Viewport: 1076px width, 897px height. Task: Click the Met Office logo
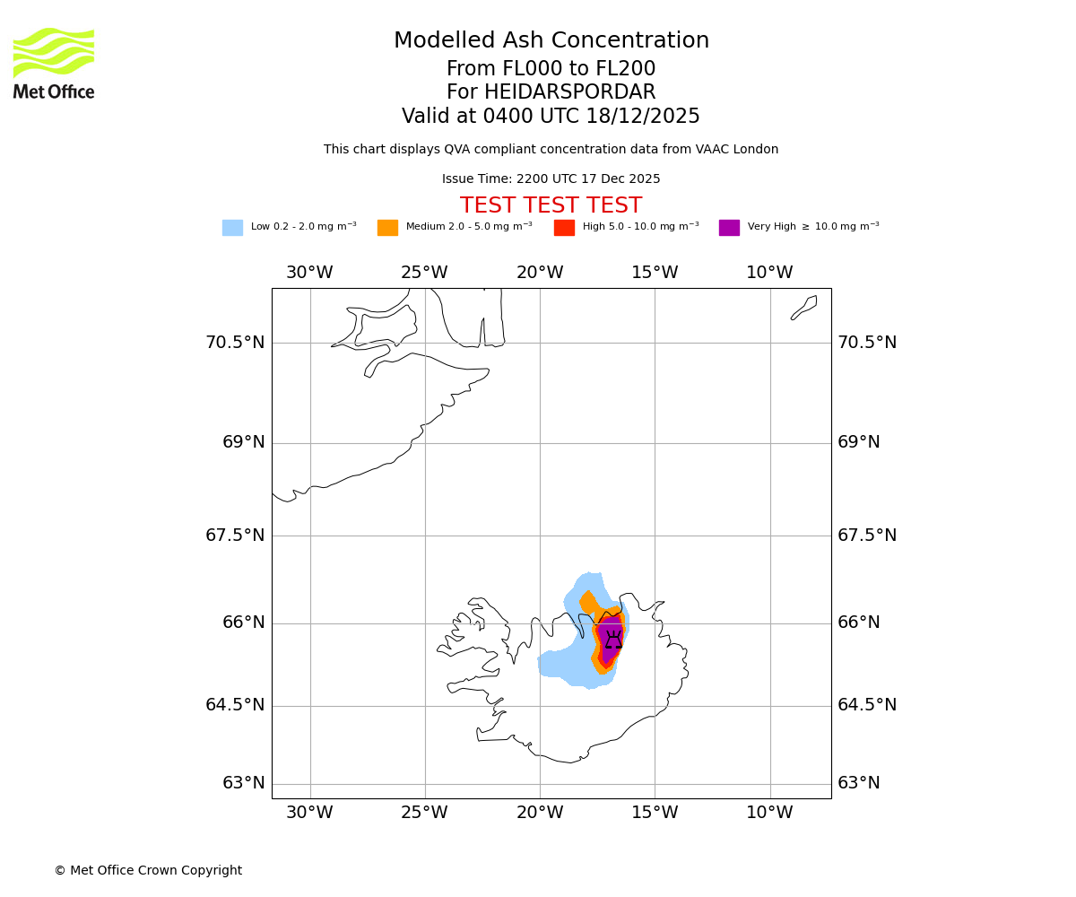point(54,63)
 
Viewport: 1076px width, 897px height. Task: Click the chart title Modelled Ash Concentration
point(551,41)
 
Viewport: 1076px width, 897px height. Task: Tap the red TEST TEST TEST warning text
point(551,206)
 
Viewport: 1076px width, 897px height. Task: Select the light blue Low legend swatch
point(232,228)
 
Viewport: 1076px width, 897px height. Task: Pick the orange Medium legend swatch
point(387,228)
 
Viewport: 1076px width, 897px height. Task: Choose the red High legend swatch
point(564,228)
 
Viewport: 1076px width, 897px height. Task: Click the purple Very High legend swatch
point(729,228)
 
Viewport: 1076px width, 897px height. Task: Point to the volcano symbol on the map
point(613,640)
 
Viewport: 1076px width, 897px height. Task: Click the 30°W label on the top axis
point(309,273)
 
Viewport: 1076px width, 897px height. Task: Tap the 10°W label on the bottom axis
point(769,813)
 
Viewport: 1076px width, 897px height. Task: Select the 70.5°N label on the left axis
point(236,343)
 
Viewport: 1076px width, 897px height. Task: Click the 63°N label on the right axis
point(859,783)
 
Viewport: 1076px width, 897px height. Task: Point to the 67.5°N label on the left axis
point(236,536)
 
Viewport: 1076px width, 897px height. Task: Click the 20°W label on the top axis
point(540,273)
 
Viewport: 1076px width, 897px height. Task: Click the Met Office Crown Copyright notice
point(148,870)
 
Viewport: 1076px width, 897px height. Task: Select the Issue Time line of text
point(551,179)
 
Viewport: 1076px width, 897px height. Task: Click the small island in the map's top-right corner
point(804,307)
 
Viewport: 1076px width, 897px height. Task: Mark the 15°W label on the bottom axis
point(655,813)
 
